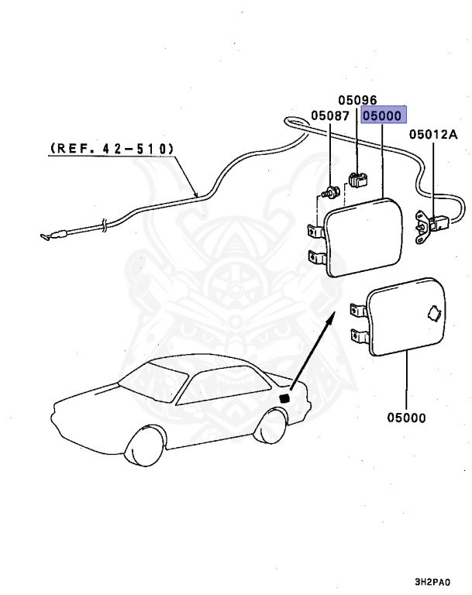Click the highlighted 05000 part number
pos(383,115)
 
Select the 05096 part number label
pos(357,101)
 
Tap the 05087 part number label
pos(331,115)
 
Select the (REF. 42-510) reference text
pos(112,148)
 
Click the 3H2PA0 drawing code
pos(432,581)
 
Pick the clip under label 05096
pos(357,181)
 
